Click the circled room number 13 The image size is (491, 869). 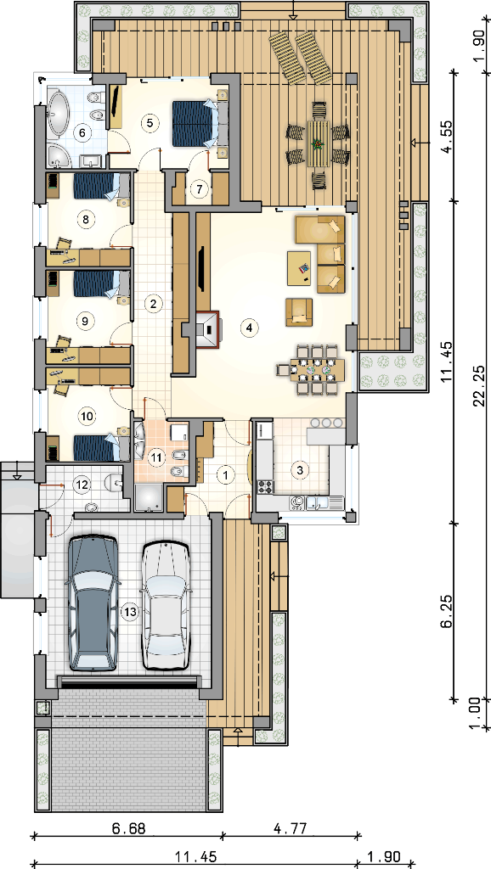point(128,611)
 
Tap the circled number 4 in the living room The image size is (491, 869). point(249,328)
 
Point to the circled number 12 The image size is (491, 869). point(82,485)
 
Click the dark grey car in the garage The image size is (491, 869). point(93,603)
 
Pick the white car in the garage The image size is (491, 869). point(166,605)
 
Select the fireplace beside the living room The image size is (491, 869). point(208,329)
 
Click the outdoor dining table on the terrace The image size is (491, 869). point(318,144)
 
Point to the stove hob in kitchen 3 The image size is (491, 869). point(266,486)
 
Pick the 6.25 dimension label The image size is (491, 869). point(447,612)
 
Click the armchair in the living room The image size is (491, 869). point(299,312)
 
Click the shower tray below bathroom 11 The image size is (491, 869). point(149,498)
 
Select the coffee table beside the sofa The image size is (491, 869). point(300,268)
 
